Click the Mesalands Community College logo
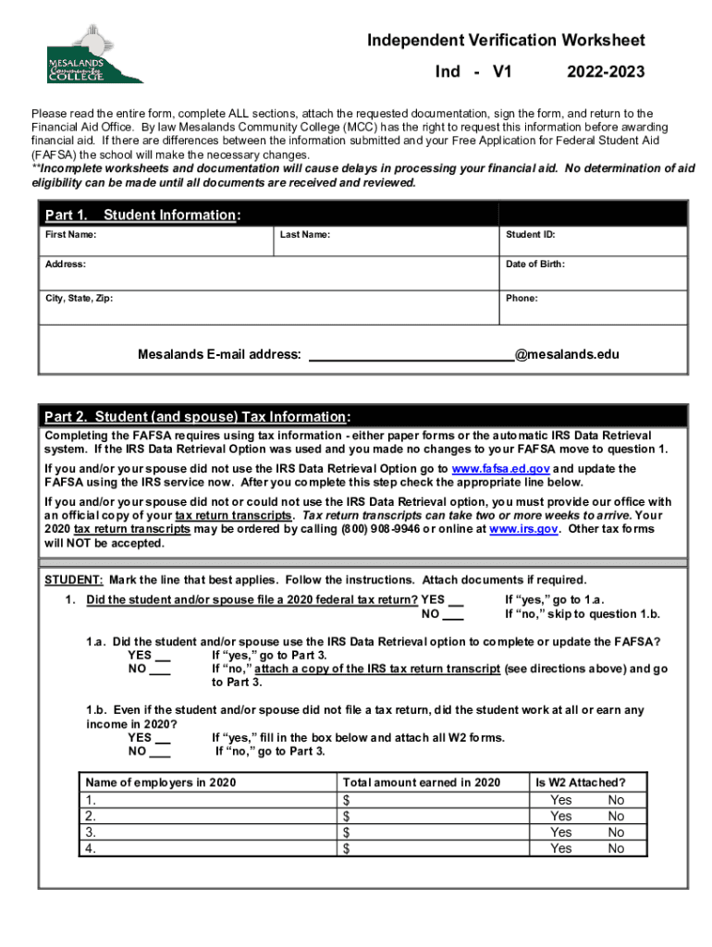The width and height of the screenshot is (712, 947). (90, 65)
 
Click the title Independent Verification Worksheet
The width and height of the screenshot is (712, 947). (506, 41)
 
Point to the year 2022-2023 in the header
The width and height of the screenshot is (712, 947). (606, 72)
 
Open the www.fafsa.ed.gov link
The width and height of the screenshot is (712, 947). (500, 469)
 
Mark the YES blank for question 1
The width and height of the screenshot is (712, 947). (455, 600)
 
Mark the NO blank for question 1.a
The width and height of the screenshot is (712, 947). (161, 669)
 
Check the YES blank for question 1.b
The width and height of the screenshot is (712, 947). (161, 738)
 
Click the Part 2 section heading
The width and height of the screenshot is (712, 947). (197, 416)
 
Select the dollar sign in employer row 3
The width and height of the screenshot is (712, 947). (347, 832)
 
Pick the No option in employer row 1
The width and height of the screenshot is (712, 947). (616, 800)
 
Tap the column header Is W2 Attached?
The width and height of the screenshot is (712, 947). (580, 782)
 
